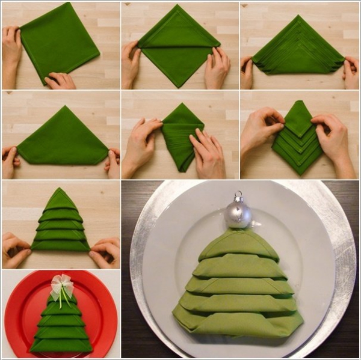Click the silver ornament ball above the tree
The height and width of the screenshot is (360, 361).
238,215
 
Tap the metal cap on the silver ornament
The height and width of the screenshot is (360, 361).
238,197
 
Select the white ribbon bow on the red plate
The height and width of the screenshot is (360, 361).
61,285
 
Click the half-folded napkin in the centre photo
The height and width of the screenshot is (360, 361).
179,135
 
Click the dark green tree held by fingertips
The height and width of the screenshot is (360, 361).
60,225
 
